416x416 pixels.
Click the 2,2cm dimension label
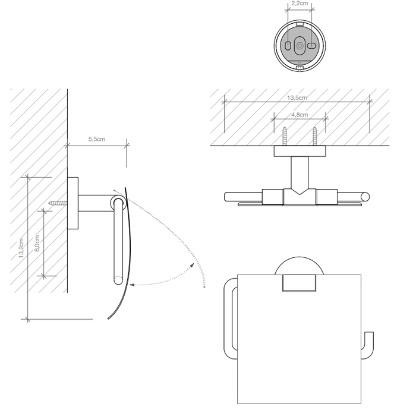click(x=300, y=4)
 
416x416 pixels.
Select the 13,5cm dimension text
click(x=297, y=97)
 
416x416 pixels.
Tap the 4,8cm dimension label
click(x=300, y=115)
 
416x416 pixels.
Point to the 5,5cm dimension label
click(x=97, y=139)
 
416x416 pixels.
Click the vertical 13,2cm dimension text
click(x=21, y=248)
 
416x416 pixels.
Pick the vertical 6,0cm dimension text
click(x=37, y=243)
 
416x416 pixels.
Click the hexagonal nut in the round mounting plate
click(x=300, y=46)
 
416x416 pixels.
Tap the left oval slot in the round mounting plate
click(x=288, y=46)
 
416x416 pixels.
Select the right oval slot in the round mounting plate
click(x=311, y=46)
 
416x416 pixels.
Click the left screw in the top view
click(x=285, y=136)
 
